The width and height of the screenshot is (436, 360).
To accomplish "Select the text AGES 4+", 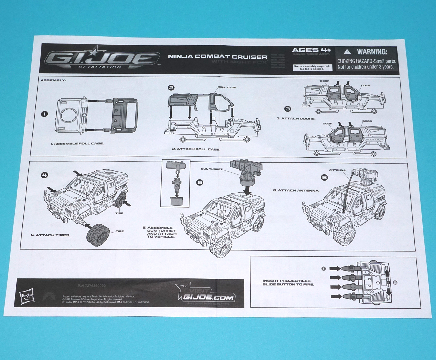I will tap(311, 50).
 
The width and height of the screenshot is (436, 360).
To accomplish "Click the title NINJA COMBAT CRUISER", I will tap(217, 57).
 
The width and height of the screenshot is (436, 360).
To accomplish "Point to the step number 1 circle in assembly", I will tap(44, 114).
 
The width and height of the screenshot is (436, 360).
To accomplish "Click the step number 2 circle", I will tap(171, 88).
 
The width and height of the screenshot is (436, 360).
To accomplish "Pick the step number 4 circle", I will tap(44, 175).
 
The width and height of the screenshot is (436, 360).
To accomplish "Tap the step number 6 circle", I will tap(324, 177).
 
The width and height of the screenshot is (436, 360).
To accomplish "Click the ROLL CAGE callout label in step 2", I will tap(227, 88).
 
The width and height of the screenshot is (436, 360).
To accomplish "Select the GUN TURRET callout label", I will tap(212, 169).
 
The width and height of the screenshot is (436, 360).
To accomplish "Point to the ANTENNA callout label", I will tap(337, 170).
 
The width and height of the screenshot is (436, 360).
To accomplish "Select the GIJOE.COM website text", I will tap(208, 297).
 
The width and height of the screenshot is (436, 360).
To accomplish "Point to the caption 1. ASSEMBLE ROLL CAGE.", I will tap(77, 143).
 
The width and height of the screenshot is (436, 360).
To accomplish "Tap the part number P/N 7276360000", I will tap(92, 286).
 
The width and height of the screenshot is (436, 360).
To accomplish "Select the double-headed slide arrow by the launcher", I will tap(388, 282).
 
